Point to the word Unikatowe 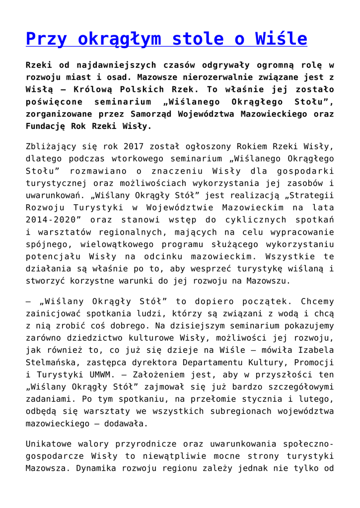coord(49,444)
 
